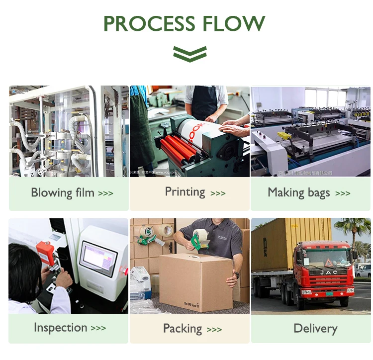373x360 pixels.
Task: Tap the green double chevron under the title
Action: (189, 53)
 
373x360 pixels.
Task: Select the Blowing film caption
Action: (63, 193)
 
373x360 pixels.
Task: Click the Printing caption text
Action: (185, 192)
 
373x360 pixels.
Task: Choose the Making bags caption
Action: (298, 193)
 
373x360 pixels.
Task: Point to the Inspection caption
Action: (60, 328)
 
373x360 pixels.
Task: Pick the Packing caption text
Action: (183, 329)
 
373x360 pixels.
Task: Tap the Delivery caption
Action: (315, 328)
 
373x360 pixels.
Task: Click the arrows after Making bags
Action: (343, 193)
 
